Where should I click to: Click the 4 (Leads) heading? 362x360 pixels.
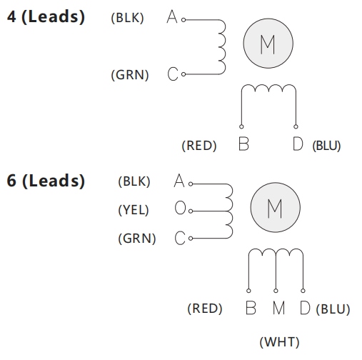pyautogui.click(x=46, y=16)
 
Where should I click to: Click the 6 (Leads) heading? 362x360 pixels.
pyautogui.click(x=46, y=181)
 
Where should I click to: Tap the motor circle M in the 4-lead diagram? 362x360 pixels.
pyautogui.click(x=268, y=44)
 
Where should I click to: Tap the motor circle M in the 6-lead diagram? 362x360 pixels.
pyautogui.click(x=275, y=207)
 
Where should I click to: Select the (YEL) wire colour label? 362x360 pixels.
pyautogui.click(x=134, y=210)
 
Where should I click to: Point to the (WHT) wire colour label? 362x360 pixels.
pyautogui.click(x=279, y=342)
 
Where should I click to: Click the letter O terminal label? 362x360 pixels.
pyautogui.click(x=180, y=208)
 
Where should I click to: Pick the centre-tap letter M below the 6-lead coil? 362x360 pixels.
pyautogui.click(x=278, y=308)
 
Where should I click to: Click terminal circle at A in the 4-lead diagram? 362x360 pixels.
pyautogui.click(x=183, y=20)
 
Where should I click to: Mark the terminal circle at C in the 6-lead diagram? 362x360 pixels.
pyautogui.click(x=191, y=238)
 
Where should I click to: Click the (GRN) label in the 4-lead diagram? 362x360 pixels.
pyautogui.click(x=130, y=75)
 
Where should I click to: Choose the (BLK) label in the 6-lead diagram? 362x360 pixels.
pyautogui.click(x=134, y=181)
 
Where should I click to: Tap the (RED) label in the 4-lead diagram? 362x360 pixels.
pyautogui.click(x=199, y=146)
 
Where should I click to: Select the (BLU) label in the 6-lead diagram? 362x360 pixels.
pyautogui.click(x=333, y=309)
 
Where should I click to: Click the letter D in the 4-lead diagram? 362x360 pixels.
pyautogui.click(x=298, y=144)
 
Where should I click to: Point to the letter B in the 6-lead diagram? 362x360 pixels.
pyautogui.click(x=251, y=308)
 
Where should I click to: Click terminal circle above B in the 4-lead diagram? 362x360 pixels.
pyautogui.click(x=241, y=126)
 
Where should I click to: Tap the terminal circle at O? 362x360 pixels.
pyautogui.click(x=191, y=211)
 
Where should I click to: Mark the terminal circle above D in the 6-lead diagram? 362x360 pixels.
pyautogui.click(x=303, y=291)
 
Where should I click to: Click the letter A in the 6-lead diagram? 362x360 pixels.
pyautogui.click(x=179, y=181)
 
